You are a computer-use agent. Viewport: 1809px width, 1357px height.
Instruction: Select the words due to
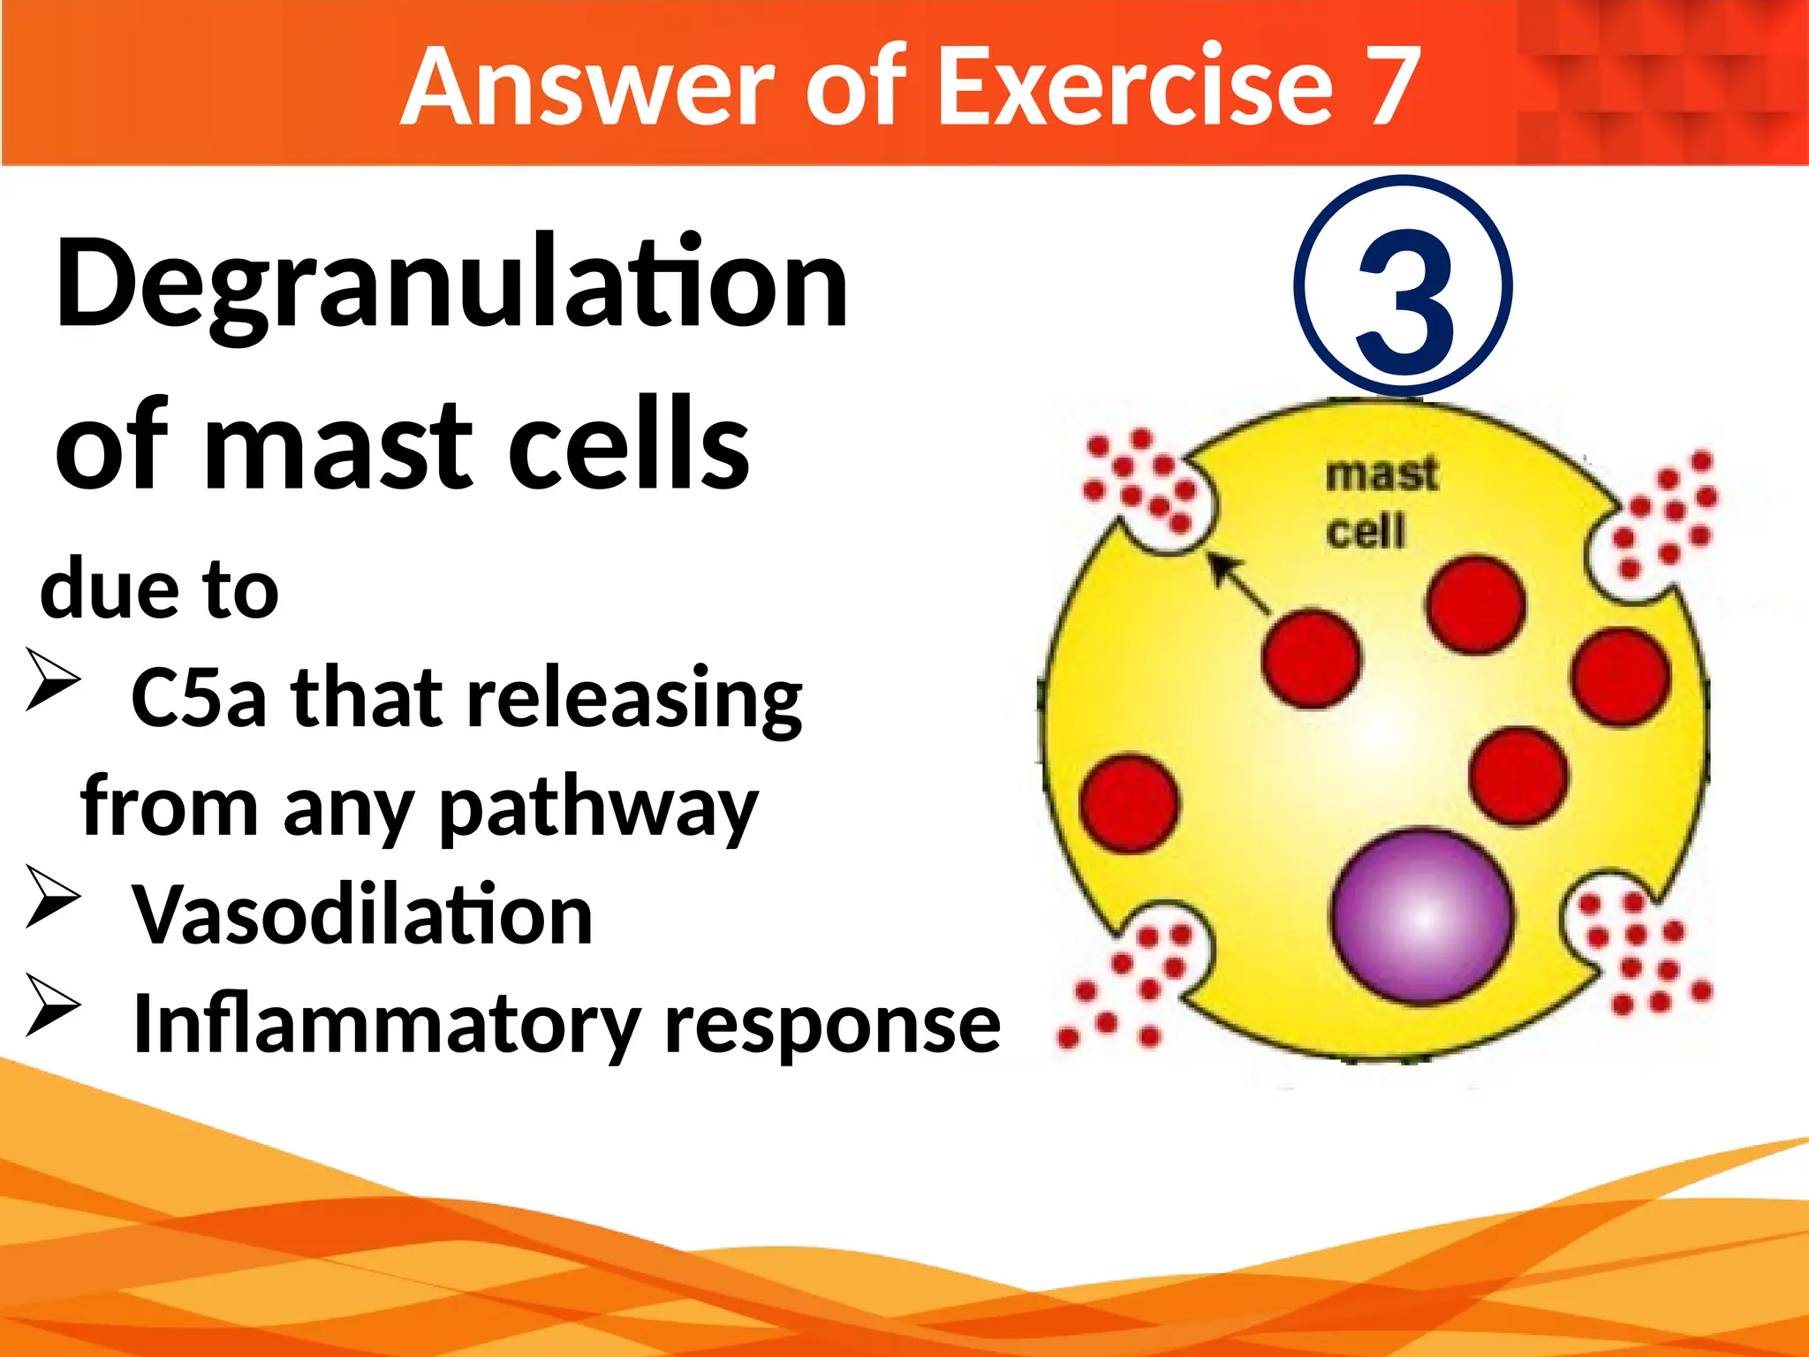(x=159, y=590)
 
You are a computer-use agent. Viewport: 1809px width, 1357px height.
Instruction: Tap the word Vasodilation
(x=362, y=915)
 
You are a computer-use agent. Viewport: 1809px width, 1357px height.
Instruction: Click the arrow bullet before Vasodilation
(x=52, y=897)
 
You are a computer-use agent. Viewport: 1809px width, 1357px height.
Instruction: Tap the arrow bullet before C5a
(x=52, y=679)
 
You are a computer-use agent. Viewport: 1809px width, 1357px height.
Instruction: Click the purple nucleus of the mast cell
(x=1422, y=916)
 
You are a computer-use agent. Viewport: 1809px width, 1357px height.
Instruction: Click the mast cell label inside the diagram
(x=1380, y=504)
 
